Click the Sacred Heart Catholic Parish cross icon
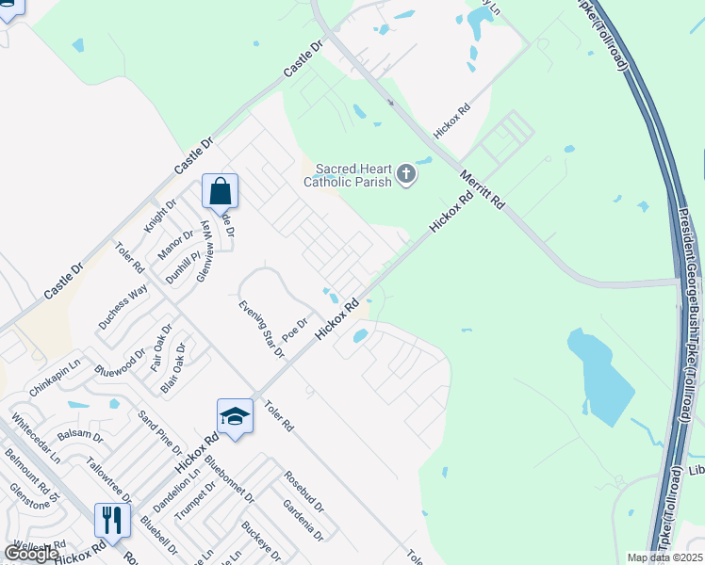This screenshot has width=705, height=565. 406,174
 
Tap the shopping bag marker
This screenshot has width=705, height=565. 220,192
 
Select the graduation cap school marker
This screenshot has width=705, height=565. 235,416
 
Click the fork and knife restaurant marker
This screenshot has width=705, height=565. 111,521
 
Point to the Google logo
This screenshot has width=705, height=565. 31,554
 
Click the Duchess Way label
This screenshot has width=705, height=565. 123,305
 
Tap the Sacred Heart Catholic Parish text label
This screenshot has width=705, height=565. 348,175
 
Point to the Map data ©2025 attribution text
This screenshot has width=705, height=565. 664,557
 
